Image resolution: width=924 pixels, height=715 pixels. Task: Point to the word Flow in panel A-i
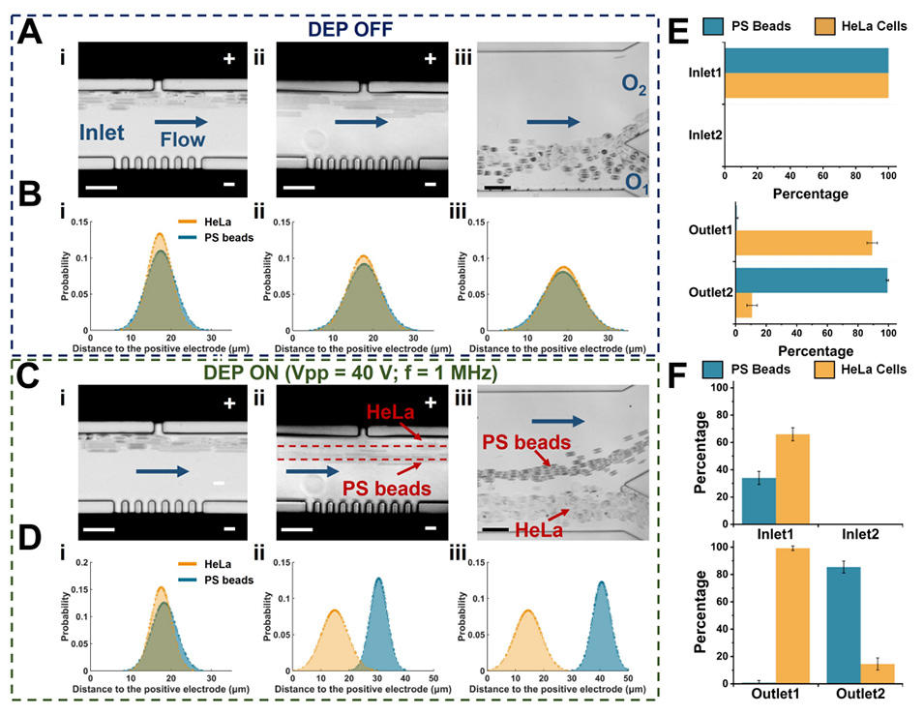[183, 140]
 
